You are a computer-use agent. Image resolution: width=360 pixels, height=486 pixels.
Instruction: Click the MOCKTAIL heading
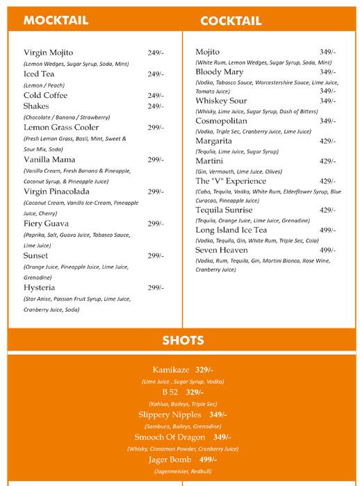pyautogui.click(x=56, y=20)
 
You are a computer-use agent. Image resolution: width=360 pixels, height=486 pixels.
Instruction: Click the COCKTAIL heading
pyautogui.click(x=231, y=21)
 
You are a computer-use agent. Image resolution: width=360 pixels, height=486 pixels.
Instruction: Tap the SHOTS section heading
pyautogui.click(x=183, y=340)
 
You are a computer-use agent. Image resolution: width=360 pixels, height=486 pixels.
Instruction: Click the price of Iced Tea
pyautogui.click(x=155, y=74)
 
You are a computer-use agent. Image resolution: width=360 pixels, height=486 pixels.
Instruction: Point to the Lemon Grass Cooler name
pyautogui.click(x=61, y=128)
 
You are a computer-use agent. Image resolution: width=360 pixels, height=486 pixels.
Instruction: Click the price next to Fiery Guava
pyautogui.click(x=155, y=224)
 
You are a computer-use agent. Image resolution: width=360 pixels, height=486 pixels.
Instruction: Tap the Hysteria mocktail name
pyautogui.click(x=40, y=287)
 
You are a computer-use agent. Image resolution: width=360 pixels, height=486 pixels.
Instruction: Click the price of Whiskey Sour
pyautogui.click(x=327, y=101)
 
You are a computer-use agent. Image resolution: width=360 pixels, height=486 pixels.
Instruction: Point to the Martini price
pyautogui.click(x=327, y=161)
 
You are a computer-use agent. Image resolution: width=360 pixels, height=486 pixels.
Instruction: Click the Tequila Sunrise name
pyautogui.click(x=224, y=210)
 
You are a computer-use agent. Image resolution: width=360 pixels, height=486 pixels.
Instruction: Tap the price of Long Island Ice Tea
pyautogui.click(x=327, y=231)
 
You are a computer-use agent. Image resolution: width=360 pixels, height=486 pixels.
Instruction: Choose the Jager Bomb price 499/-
pyautogui.click(x=208, y=460)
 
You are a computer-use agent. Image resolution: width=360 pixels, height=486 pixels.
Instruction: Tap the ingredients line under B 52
pyautogui.click(x=183, y=403)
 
